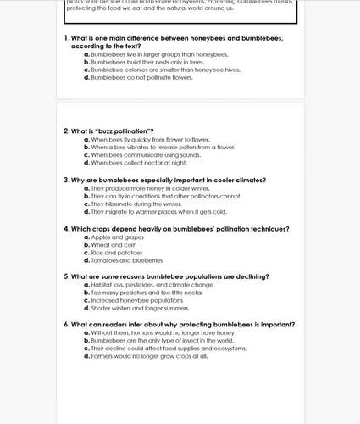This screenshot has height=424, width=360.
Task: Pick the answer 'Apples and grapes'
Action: tap(115, 237)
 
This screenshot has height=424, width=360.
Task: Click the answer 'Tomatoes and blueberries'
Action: tap(127, 260)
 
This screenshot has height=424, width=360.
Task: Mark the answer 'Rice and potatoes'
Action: tap(118, 253)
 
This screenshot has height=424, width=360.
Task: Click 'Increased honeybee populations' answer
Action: tap(136, 300)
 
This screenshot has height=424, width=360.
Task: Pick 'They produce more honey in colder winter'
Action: tap(149, 187)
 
